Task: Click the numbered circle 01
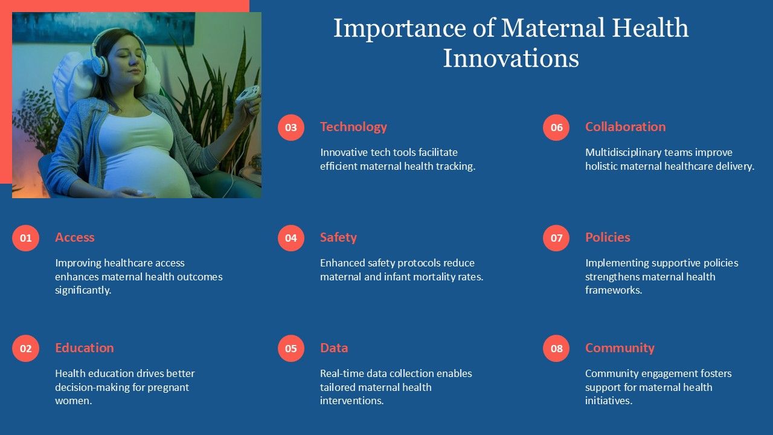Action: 25,238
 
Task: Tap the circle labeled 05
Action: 291,349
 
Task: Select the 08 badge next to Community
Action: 556,349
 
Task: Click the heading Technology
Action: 353,127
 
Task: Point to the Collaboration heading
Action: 625,127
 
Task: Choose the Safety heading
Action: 338,237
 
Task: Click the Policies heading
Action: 608,237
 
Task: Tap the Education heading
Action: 84,347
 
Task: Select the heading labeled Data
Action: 334,347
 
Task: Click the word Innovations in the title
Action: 511,58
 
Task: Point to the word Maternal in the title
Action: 553,28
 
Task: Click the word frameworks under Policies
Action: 613,290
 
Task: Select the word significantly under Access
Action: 83,291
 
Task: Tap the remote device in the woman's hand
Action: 248,94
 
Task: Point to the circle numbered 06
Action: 556,127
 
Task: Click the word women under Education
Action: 73,401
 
